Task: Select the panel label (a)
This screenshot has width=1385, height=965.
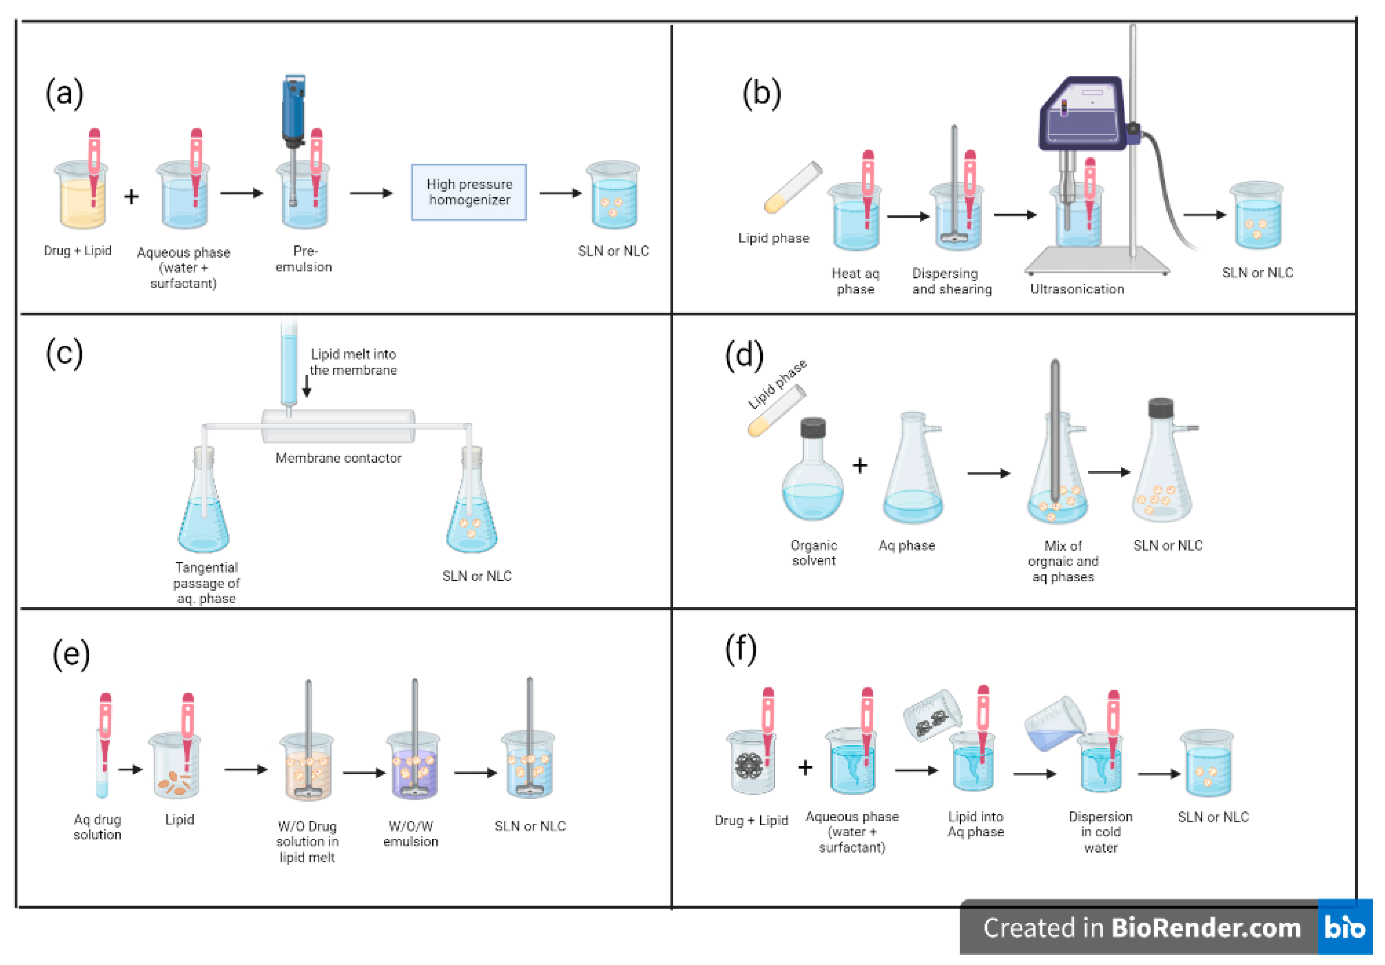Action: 64,94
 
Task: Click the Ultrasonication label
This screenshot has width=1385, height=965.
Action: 1077,289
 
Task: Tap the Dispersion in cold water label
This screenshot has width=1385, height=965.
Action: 1100,832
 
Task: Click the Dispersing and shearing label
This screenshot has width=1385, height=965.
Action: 951,281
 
